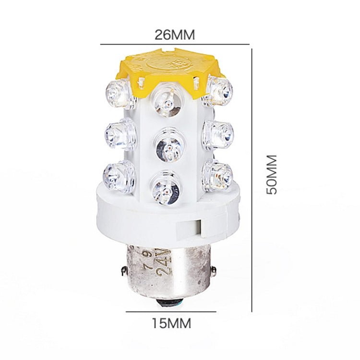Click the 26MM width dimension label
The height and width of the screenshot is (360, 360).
pyautogui.click(x=175, y=35)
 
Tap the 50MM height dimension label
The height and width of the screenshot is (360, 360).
pyautogui.click(x=272, y=174)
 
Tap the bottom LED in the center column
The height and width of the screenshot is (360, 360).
pyautogui.click(x=166, y=188)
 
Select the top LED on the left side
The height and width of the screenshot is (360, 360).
pyautogui.click(x=119, y=92)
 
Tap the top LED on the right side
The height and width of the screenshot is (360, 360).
pyautogui.click(x=219, y=90)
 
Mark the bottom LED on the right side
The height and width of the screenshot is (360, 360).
pyautogui.click(x=218, y=175)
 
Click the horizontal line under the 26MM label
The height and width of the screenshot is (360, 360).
pyautogui.click(x=175, y=45)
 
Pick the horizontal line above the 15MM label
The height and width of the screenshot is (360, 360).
pyautogui.click(x=171, y=311)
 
